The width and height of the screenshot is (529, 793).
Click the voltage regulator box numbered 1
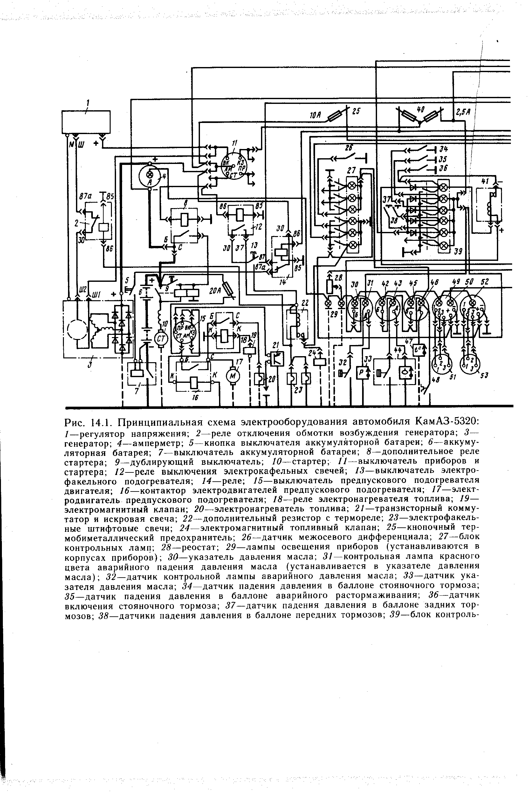tap(86, 122)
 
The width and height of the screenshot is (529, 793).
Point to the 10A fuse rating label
tap(315, 116)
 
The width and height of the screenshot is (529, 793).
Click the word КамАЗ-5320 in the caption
tap(447, 422)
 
